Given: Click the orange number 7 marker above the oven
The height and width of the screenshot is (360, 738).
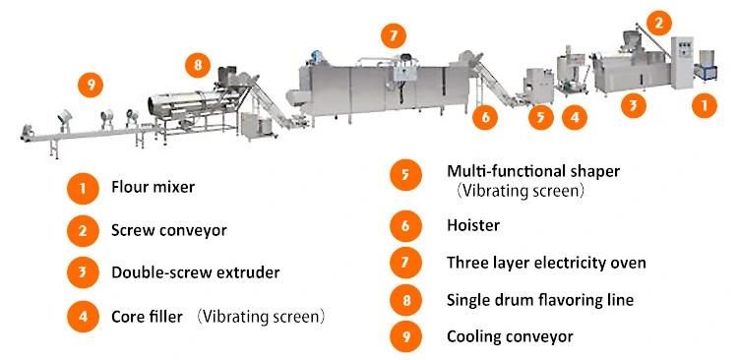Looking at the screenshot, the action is click(394, 35).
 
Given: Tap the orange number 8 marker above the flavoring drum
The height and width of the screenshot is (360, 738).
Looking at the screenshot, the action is click(197, 65).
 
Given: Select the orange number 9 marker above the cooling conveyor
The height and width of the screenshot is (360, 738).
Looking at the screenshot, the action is click(91, 85).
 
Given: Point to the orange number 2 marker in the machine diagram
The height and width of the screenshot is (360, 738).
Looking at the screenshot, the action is click(659, 23).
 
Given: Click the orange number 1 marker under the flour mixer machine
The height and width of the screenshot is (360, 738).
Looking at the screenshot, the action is click(705, 105).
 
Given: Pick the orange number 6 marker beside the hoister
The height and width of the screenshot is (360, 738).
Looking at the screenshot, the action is click(485, 117).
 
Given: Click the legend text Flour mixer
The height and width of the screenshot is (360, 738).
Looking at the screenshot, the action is click(153, 187).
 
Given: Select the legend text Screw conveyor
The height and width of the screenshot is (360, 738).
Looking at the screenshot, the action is click(169, 230).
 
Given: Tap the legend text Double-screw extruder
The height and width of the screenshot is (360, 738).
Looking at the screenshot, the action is click(196, 272).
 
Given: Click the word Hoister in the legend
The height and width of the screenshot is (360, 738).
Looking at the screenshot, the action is click(473, 225).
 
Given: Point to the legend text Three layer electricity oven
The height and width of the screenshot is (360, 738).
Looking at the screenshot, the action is click(546, 262).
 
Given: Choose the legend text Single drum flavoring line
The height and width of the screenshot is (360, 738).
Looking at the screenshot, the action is click(540, 300).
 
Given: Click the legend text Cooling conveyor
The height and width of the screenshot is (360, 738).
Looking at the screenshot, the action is click(510, 336).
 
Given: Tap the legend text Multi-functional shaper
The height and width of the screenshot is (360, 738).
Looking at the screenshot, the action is click(533, 171).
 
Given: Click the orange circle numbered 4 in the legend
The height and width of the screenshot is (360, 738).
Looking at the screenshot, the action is click(83, 317).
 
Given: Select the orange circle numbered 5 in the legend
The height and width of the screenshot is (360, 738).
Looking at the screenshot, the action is click(405, 175).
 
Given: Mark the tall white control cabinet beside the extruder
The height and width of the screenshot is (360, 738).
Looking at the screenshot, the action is click(682, 62).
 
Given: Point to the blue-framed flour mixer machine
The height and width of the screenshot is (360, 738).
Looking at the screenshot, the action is click(706, 66).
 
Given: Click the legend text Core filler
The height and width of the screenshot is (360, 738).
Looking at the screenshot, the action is click(147, 317).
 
